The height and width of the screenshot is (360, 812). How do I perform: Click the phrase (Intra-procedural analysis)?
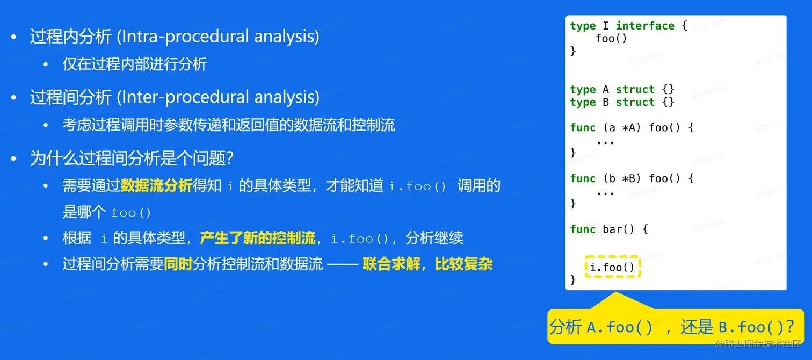tap(218, 37)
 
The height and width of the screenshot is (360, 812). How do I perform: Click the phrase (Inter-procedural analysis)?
tap(218, 97)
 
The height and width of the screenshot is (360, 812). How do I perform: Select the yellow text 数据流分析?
tap(156, 185)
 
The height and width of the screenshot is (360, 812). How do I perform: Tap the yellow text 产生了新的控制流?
tap(258, 238)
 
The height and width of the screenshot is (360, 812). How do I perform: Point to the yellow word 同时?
tap(178, 264)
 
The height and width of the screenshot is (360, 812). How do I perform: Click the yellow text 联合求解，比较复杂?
tap(427, 264)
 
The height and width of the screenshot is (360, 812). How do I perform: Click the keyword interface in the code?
tap(646, 26)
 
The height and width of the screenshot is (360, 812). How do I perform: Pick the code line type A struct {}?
tap(622, 89)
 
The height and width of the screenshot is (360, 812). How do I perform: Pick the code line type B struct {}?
tap(622, 102)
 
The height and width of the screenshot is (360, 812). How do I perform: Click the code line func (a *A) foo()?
tap(632, 128)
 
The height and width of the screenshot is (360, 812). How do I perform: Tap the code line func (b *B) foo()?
tap(632, 178)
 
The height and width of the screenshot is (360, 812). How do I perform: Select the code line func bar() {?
tap(609, 229)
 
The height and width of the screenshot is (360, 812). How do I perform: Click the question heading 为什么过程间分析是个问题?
tap(132, 158)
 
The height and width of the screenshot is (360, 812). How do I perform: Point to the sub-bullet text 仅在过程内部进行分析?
tap(134, 64)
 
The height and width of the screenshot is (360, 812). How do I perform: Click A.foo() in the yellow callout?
tap(620, 327)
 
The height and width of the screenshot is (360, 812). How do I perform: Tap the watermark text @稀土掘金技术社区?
tap(758, 344)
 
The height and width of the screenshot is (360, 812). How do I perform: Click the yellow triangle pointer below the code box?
tap(617, 301)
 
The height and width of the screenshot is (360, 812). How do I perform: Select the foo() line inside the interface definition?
tap(611, 39)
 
